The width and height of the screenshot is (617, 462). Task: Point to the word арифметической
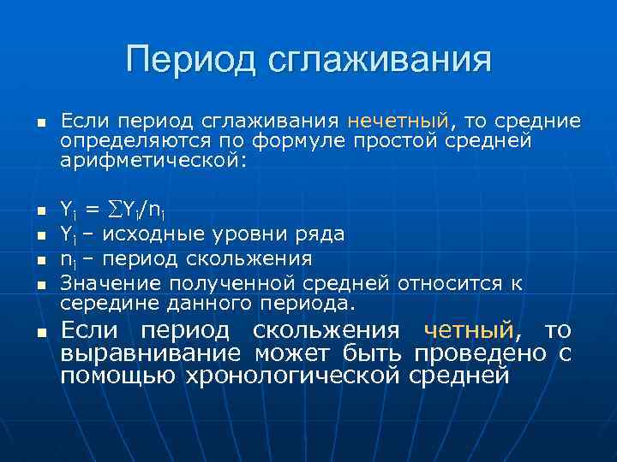152,159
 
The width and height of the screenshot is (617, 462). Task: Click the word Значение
111,282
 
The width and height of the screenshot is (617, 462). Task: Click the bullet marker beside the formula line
39,209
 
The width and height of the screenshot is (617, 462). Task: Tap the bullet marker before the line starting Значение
39,284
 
